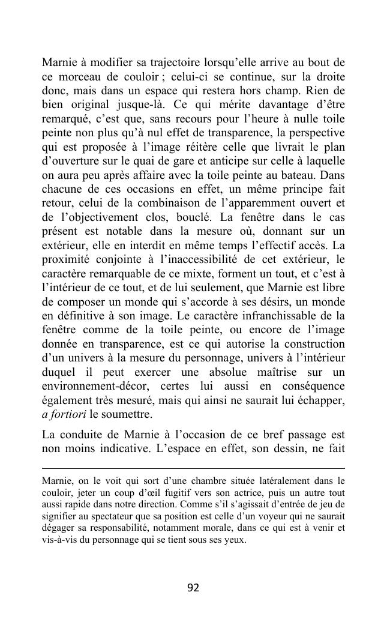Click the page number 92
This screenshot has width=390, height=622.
coord(193,588)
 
